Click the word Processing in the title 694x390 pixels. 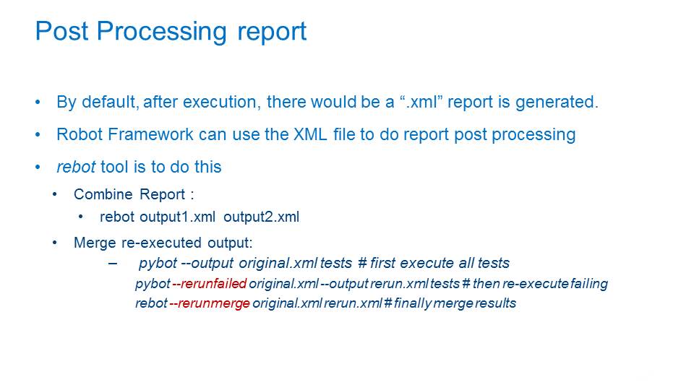coord(161,32)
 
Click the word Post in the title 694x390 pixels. coord(61,31)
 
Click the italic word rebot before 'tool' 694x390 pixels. coord(76,167)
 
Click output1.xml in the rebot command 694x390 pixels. coord(177,217)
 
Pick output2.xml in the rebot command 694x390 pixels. coord(261,217)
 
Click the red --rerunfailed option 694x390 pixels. coord(210,283)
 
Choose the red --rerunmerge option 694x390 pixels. coord(210,303)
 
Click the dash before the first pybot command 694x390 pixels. coord(113,264)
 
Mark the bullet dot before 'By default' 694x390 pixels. coord(38,103)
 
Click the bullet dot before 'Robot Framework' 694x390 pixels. coord(38,135)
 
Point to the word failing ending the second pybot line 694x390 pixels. coord(589,284)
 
